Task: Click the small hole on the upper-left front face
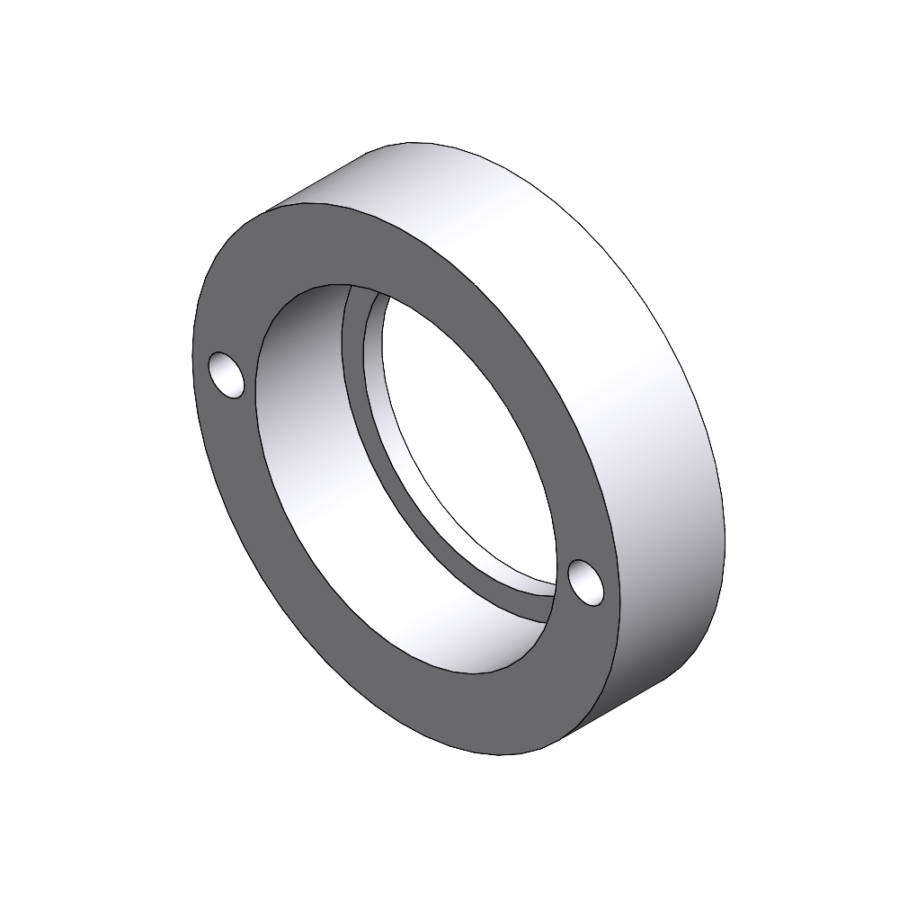tap(227, 375)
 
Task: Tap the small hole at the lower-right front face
tap(585, 582)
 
